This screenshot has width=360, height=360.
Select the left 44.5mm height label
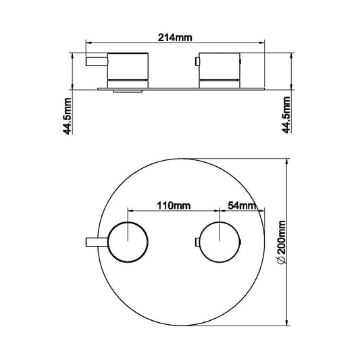click(x=68, y=116)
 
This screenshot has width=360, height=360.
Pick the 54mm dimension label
click(x=240, y=205)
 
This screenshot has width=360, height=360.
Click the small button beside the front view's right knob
click(x=196, y=242)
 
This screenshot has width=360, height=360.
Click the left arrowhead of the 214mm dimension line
click(x=88, y=45)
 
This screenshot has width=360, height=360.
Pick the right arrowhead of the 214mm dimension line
click(x=263, y=45)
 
